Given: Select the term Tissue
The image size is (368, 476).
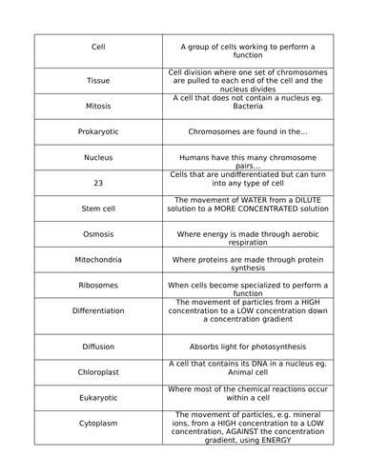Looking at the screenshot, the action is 97,80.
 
